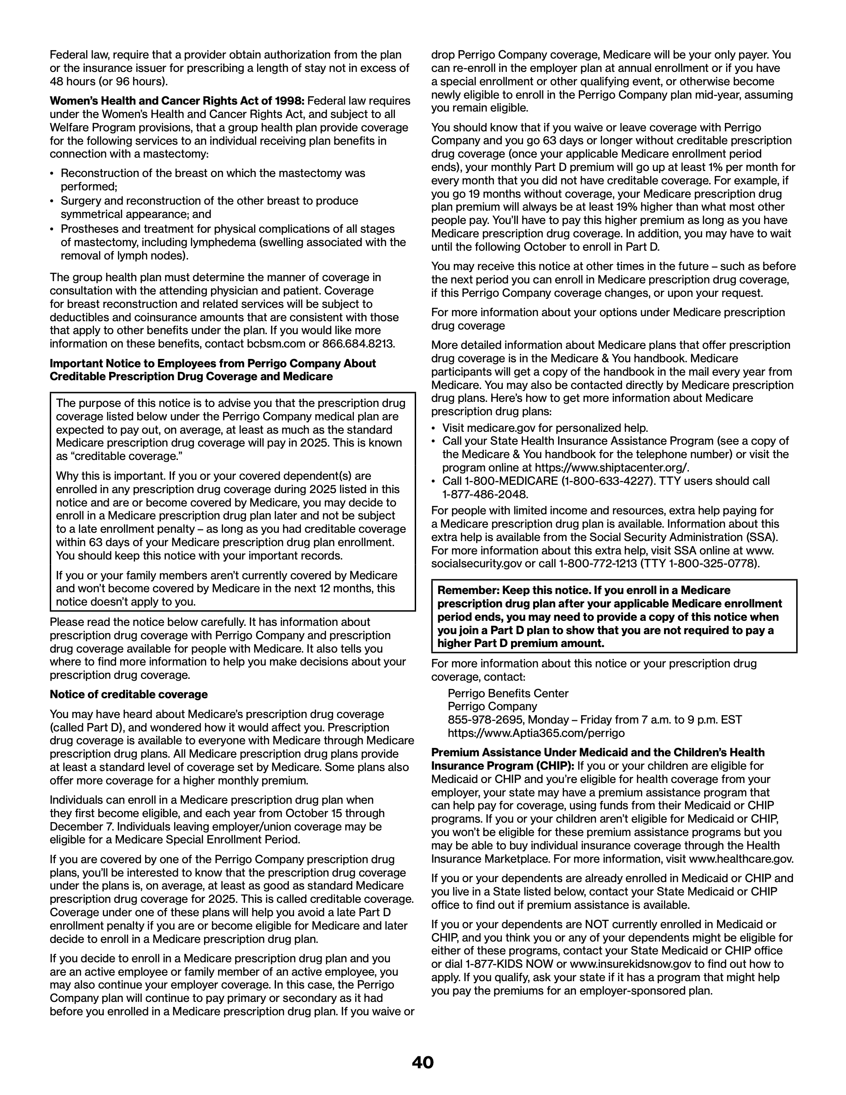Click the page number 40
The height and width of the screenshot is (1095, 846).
coord(423,1062)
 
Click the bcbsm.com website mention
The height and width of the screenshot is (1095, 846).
coord(273,344)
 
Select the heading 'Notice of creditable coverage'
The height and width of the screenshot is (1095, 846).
coord(128,695)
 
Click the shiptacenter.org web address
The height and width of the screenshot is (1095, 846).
coord(612,468)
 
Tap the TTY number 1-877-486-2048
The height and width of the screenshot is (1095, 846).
coord(485,495)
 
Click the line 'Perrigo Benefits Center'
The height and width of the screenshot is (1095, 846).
coord(508,694)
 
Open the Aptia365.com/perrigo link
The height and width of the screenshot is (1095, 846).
coord(536,733)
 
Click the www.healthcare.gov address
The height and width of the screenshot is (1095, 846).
coord(741,859)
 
